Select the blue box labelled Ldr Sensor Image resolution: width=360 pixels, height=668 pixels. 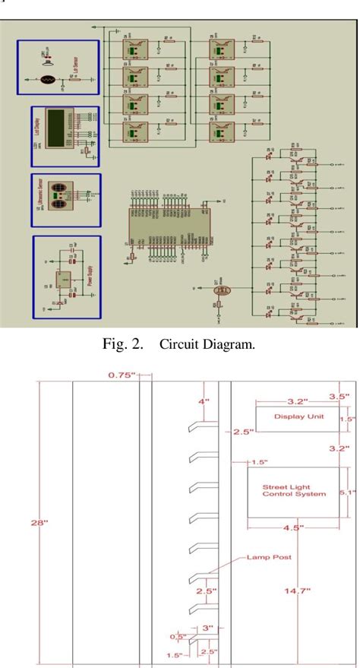[59, 67]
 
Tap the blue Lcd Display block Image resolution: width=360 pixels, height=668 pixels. [65, 136]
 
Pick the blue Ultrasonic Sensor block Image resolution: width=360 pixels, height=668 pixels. [65, 201]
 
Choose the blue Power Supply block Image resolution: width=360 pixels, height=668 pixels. [66, 277]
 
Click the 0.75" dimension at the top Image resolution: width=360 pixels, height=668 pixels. [121, 375]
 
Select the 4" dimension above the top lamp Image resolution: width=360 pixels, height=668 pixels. [204, 401]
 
